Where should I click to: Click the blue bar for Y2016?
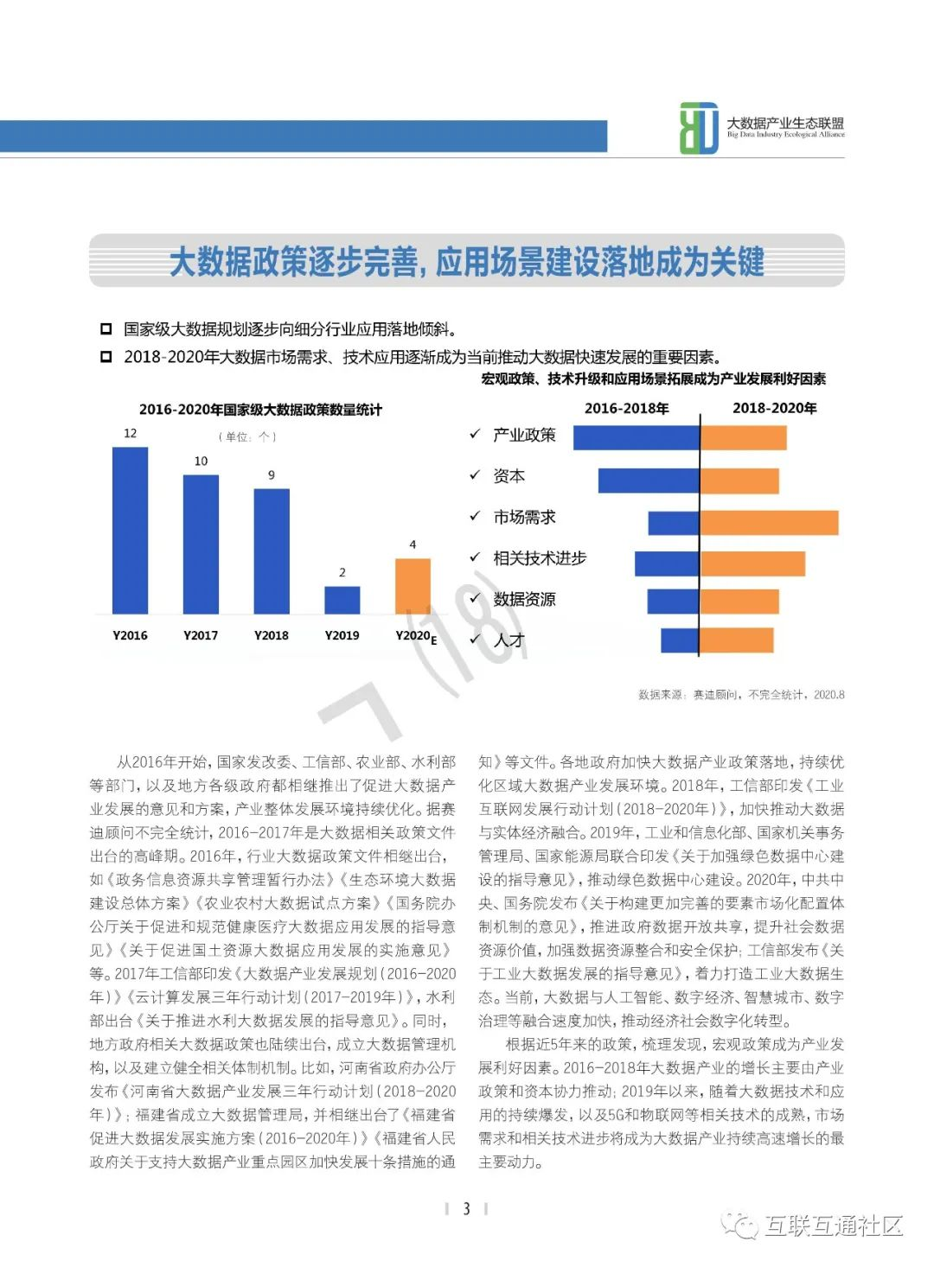tap(130, 530)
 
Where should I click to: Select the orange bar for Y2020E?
tap(413, 586)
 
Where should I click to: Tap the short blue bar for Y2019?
tap(342, 600)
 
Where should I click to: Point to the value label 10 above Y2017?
tap(201, 462)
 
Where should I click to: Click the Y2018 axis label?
tap(272, 635)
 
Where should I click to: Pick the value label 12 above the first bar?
tap(130, 433)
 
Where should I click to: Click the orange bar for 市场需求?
tap(769, 523)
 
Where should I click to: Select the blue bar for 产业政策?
tap(636, 437)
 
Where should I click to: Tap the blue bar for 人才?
tap(680, 640)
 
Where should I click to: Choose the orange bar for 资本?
tap(739, 481)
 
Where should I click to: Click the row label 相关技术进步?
tap(540, 558)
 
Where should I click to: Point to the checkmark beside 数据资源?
tap(475, 598)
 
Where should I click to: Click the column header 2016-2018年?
tap(627, 408)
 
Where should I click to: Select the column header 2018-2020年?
tap(774, 408)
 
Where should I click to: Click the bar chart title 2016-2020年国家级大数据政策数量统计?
tap(260, 410)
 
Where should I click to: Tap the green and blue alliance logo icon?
tap(699, 129)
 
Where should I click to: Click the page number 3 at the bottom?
tap(466, 1208)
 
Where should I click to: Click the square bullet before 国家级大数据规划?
tap(106, 329)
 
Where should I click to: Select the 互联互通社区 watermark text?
tap(833, 1225)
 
